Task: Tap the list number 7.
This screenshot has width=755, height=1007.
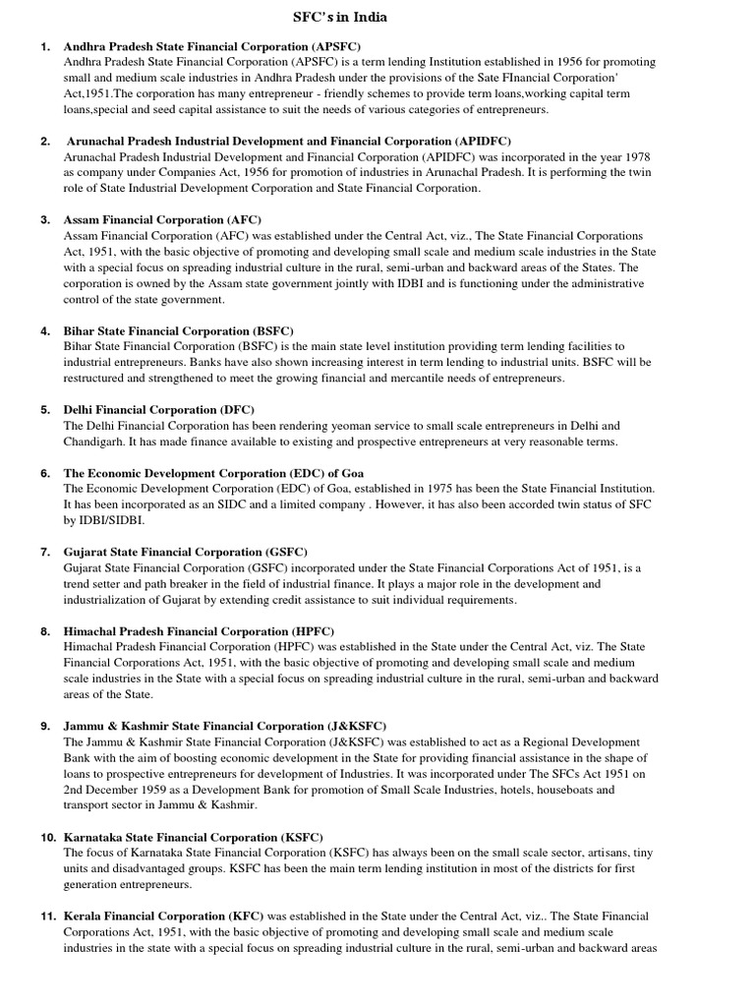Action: point(45,552)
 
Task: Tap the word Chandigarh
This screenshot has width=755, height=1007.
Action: point(98,442)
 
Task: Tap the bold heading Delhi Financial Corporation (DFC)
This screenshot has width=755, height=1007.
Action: point(159,409)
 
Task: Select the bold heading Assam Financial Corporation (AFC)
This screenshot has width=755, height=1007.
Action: point(162,219)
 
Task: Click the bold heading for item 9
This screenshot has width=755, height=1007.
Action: point(225,726)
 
